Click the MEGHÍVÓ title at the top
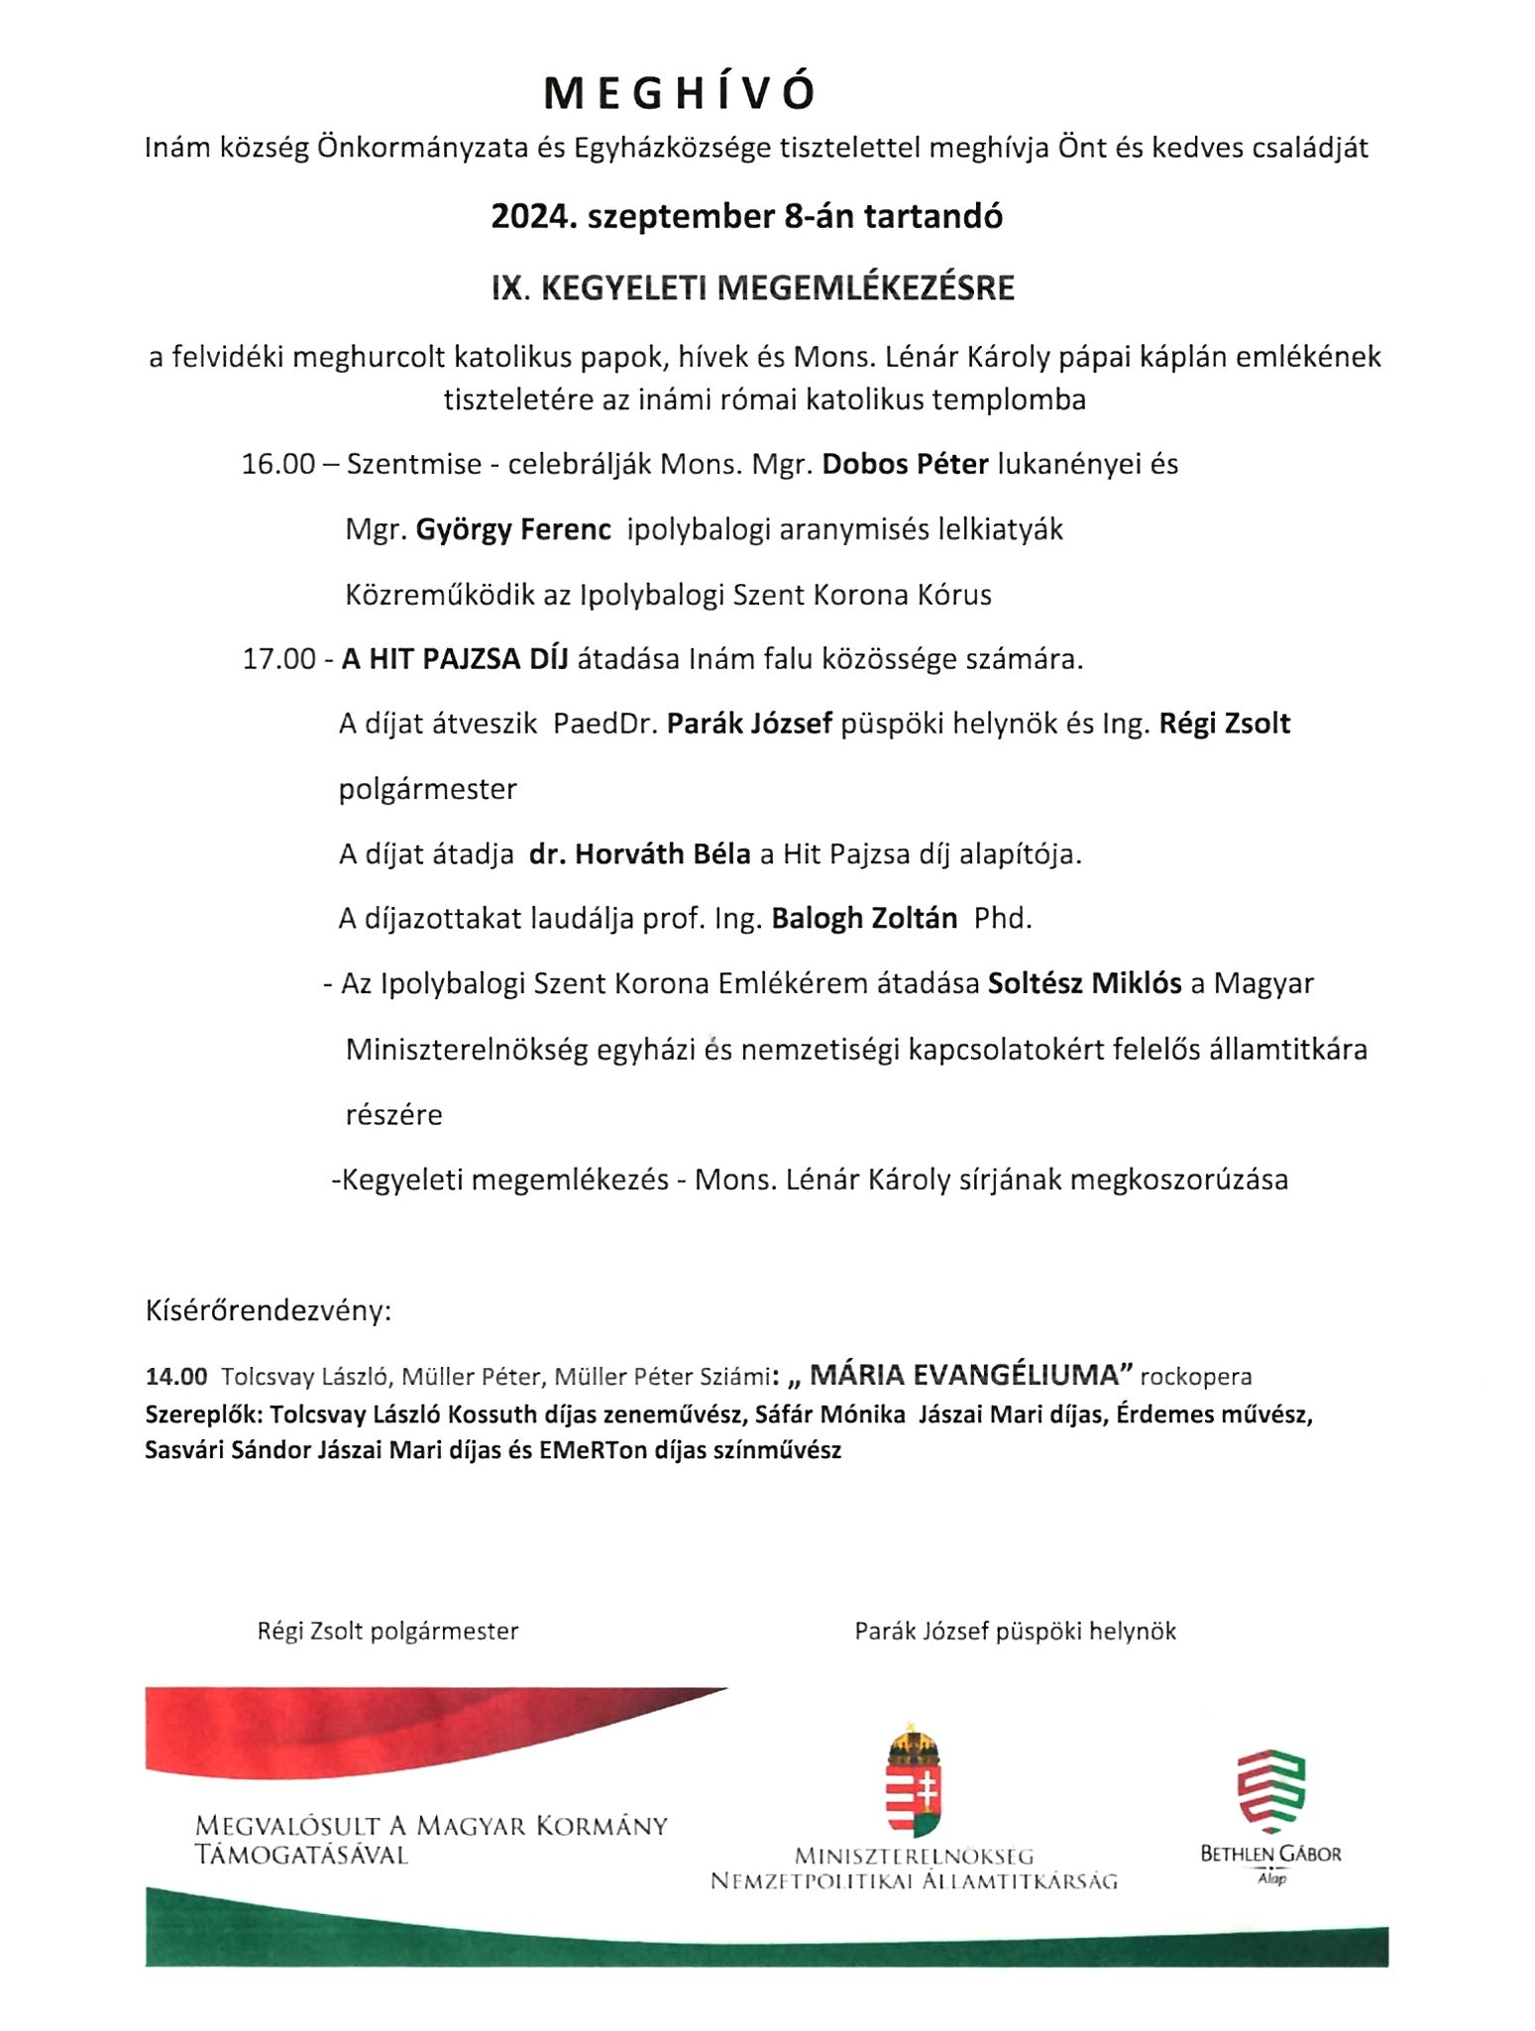pyautogui.click(x=680, y=93)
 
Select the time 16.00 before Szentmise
pyautogui.click(x=277, y=464)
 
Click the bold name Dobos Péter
pyautogui.click(x=905, y=464)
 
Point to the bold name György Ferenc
pyautogui.click(x=512, y=529)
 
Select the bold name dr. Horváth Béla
pyautogui.click(x=639, y=853)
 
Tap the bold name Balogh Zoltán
pyautogui.click(x=864, y=918)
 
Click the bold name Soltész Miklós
pyautogui.click(x=1084, y=983)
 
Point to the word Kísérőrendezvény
pyautogui.click(x=269, y=1310)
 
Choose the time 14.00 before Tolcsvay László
pyautogui.click(x=176, y=1377)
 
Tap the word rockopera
pyautogui.click(x=1196, y=1377)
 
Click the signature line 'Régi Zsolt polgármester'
pyautogui.click(x=387, y=1631)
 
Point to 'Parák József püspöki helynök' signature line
pyautogui.click(x=1015, y=1631)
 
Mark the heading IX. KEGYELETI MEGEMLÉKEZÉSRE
pyautogui.click(x=753, y=288)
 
